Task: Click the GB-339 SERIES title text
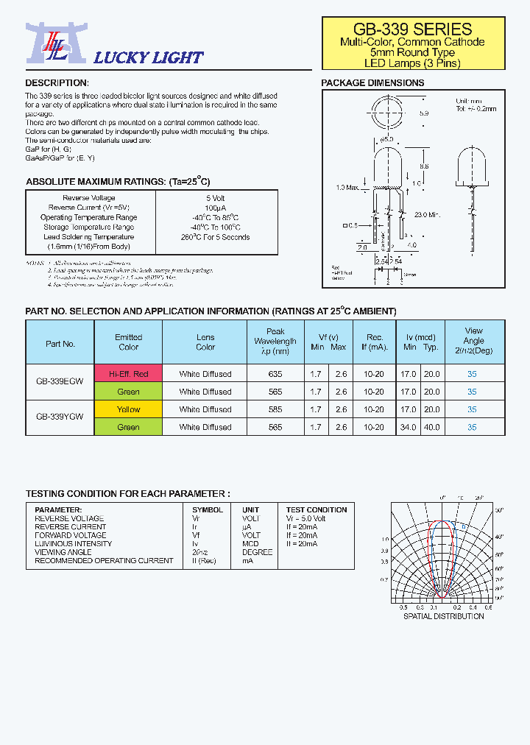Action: [x=412, y=29]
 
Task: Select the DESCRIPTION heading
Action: [x=57, y=82]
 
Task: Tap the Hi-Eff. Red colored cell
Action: [x=128, y=374]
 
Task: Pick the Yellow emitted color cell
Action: [x=128, y=409]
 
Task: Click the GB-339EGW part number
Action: [x=60, y=382]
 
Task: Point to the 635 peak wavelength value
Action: [x=275, y=374]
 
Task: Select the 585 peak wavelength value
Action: [x=275, y=409]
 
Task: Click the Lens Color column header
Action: [x=205, y=342]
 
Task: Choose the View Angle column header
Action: [x=473, y=341]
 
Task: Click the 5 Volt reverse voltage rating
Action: [x=216, y=198]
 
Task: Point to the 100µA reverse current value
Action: [x=216, y=208]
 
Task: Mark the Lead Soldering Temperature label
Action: [x=88, y=237]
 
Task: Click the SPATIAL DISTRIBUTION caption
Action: [x=443, y=616]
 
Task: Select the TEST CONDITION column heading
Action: [x=317, y=509]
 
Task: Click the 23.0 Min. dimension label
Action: [x=428, y=215]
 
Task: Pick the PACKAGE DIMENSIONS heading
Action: [x=372, y=82]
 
